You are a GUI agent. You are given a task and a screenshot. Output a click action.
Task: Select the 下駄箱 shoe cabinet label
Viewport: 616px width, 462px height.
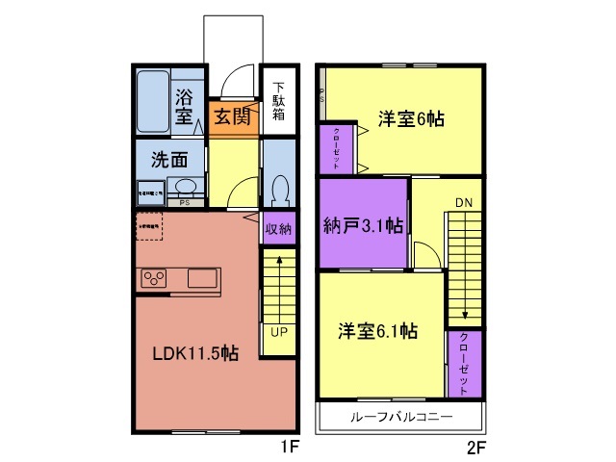(278, 100)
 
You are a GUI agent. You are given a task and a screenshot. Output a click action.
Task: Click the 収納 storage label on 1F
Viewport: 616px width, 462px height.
(277, 229)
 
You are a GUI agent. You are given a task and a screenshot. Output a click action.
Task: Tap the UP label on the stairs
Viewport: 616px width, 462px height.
(277, 332)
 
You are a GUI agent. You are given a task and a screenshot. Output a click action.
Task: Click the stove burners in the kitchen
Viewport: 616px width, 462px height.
(154, 279)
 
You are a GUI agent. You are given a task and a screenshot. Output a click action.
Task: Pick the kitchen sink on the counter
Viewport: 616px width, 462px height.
(203, 278)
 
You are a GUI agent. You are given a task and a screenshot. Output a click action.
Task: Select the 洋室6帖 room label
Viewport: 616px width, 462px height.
(411, 120)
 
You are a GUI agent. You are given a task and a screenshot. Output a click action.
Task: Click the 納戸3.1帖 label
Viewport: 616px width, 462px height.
(363, 226)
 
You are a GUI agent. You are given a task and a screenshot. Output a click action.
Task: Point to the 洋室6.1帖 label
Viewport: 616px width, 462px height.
(377, 331)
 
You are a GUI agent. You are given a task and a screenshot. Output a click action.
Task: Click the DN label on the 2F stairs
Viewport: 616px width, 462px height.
(464, 203)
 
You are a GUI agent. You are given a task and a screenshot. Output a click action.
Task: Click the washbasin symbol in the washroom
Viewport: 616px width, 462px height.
(186, 187)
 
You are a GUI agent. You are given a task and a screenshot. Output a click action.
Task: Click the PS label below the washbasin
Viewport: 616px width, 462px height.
(185, 203)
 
